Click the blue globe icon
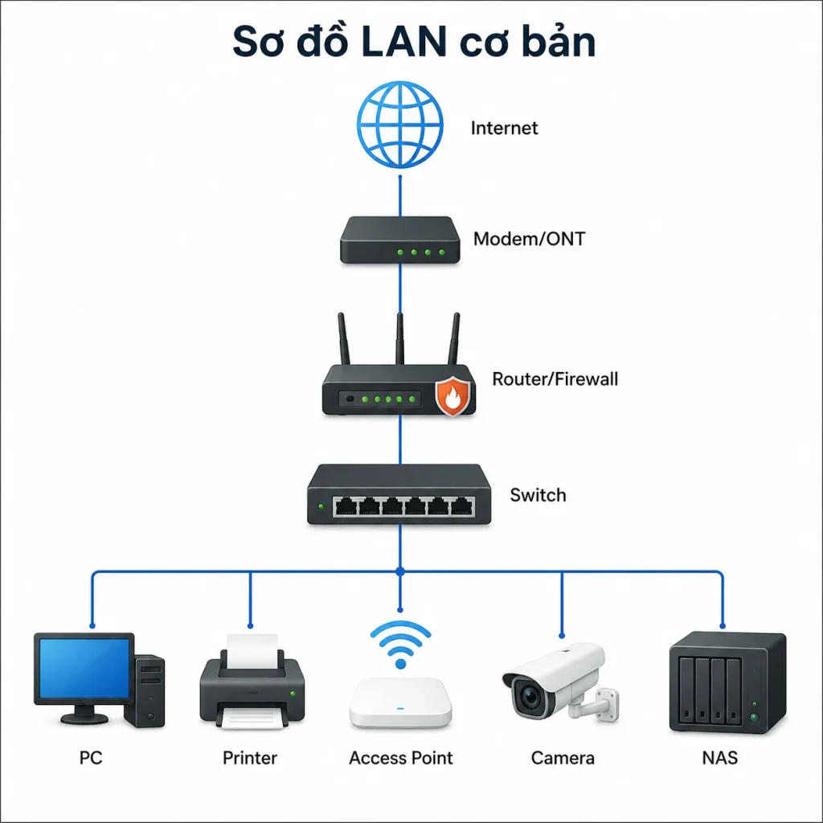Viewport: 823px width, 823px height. [400, 125]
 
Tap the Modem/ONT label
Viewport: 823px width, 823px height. [529, 239]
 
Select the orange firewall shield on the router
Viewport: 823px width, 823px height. [452, 395]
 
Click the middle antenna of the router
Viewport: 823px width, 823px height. [400, 338]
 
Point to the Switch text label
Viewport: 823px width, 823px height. [538, 495]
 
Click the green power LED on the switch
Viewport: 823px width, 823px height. [321, 506]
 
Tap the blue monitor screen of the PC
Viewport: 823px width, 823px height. [84, 668]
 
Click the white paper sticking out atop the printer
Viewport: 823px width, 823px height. [252, 651]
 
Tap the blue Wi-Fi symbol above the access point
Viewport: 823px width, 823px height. [400, 645]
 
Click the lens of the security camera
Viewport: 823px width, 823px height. [530, 697]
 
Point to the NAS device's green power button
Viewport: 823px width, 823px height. [755, 716]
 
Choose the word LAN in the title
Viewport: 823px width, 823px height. [403, 42]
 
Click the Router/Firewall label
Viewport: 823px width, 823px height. [555, 379]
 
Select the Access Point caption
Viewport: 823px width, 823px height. [401, 758]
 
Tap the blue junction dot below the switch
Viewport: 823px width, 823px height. [400, 571]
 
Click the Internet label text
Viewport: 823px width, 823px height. [504, 128]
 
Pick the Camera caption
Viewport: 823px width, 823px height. [563, 758]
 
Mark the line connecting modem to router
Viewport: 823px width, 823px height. [400, 289]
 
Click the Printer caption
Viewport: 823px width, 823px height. [250, 758]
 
